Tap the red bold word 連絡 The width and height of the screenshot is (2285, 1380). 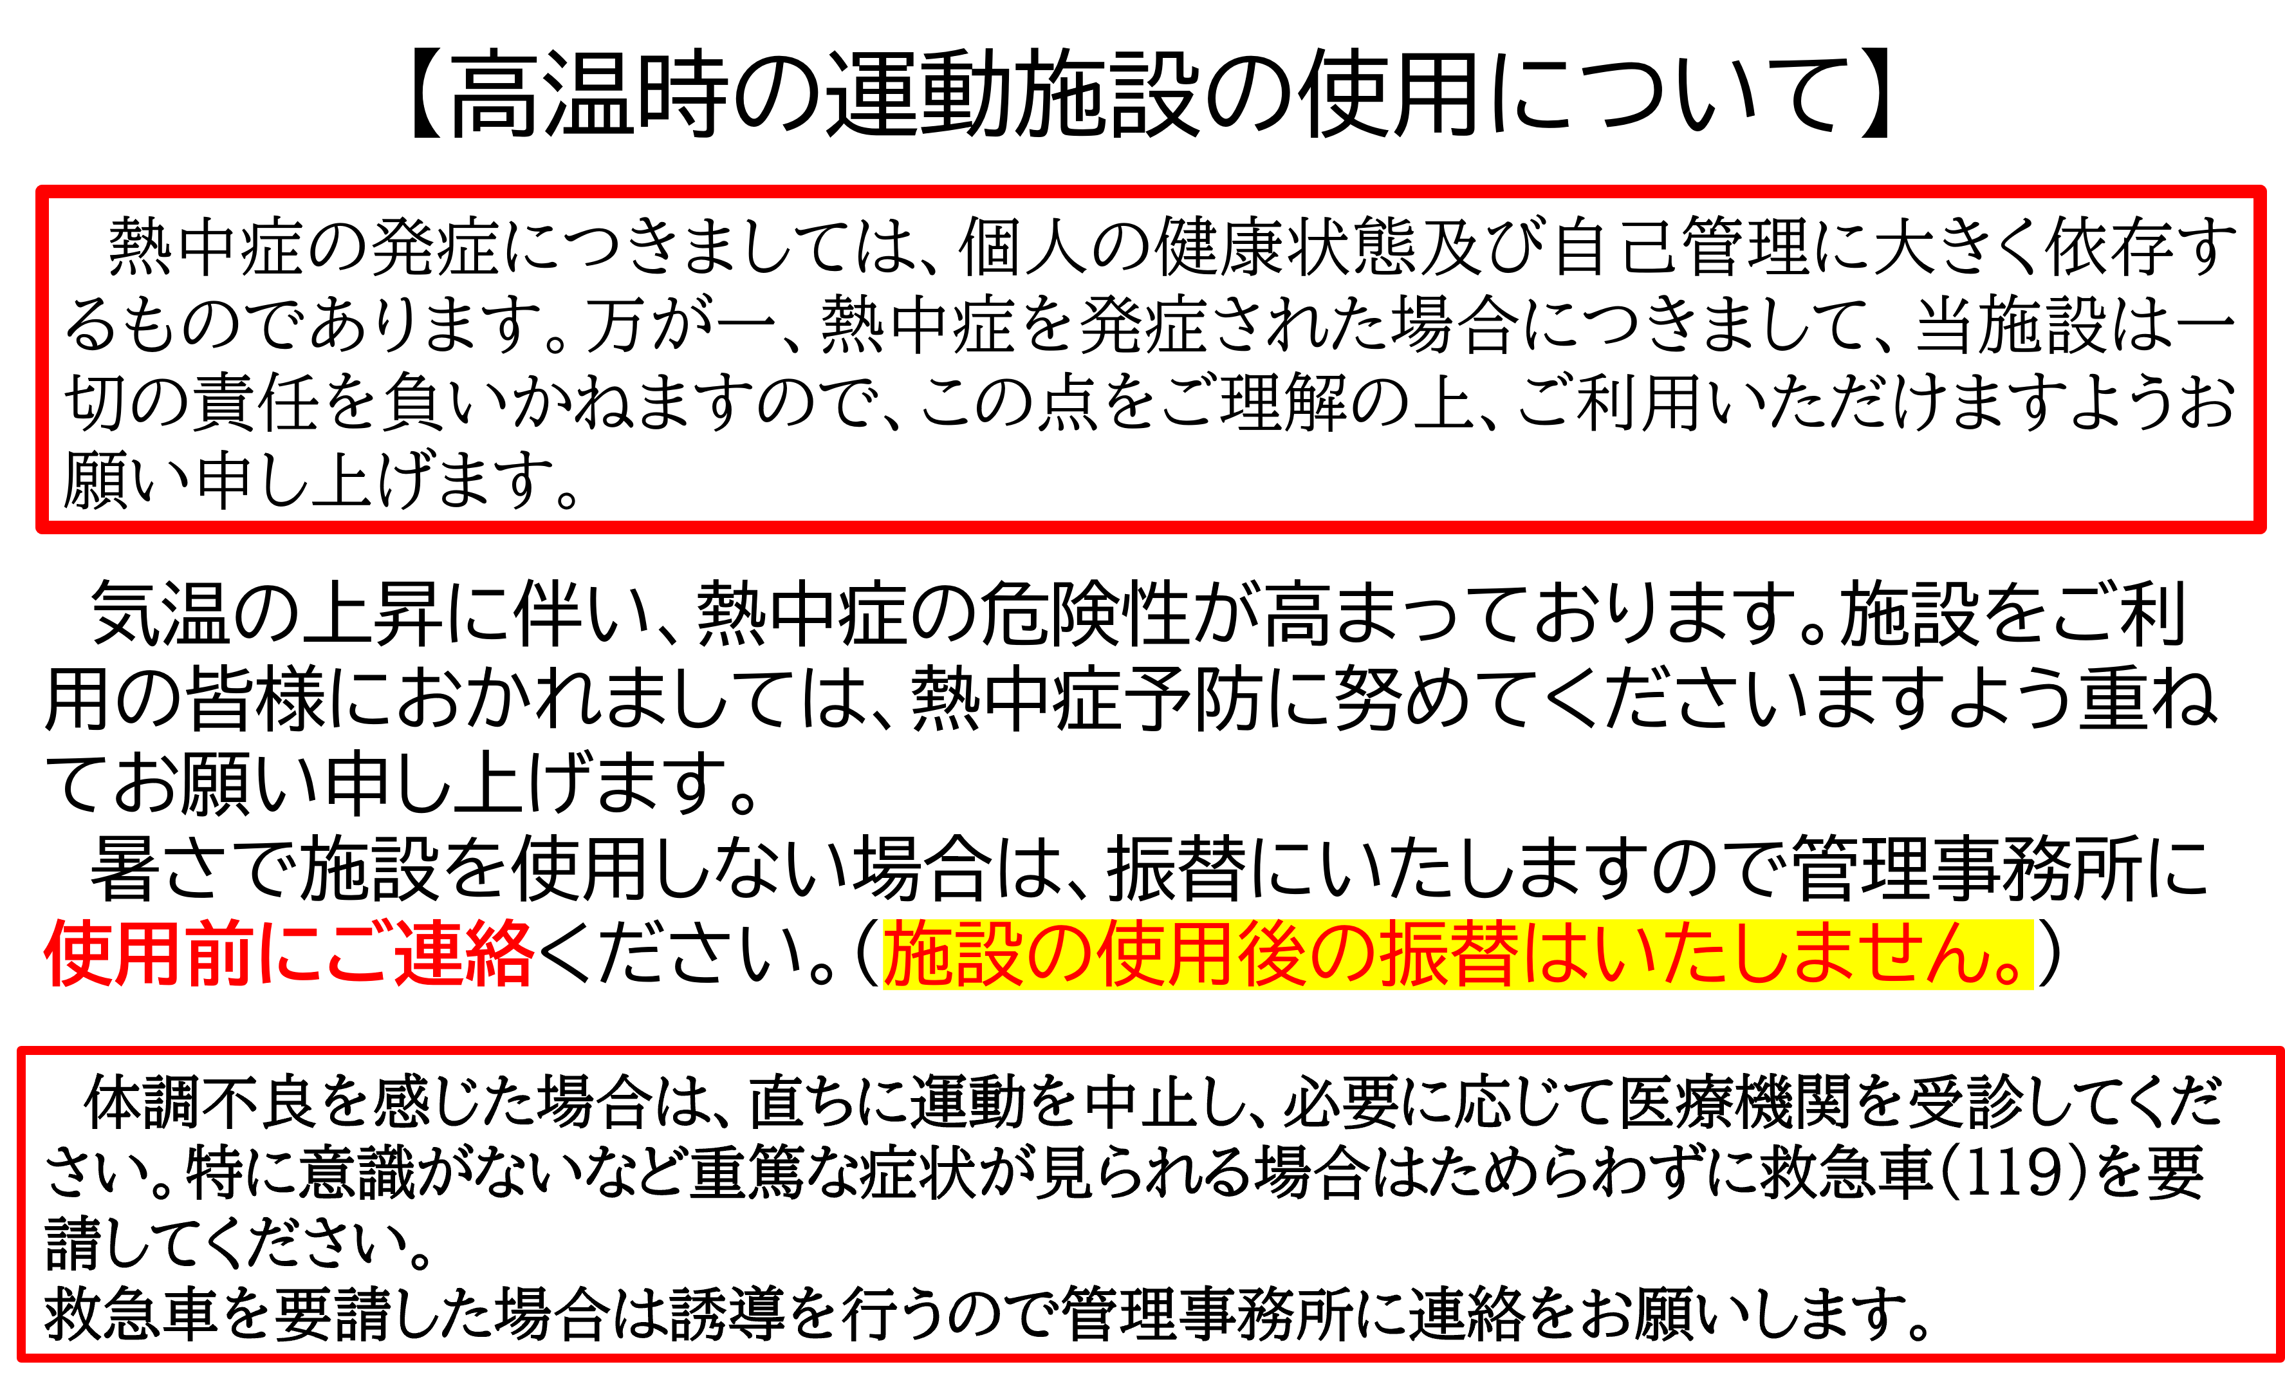point(465,953)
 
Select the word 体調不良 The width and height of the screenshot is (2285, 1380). point(200,1103)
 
